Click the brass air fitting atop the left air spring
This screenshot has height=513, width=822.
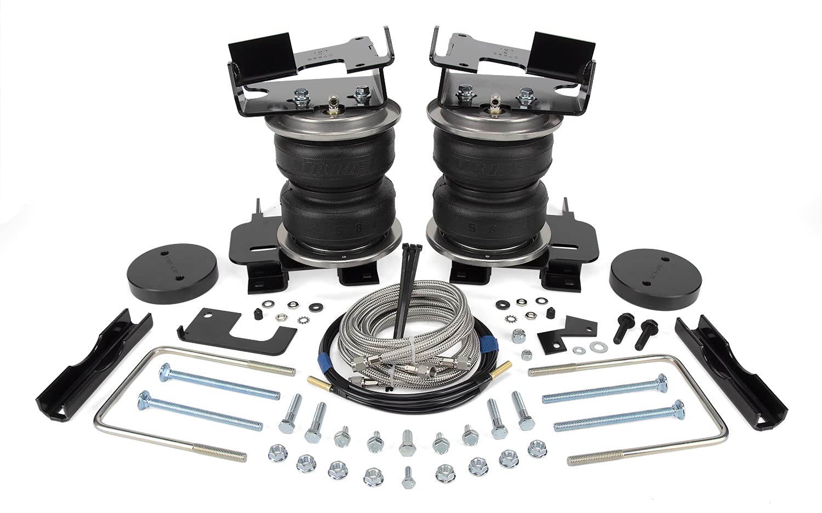click(x=332, y=102)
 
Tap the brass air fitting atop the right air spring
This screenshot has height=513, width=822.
click(x=492, y=101)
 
